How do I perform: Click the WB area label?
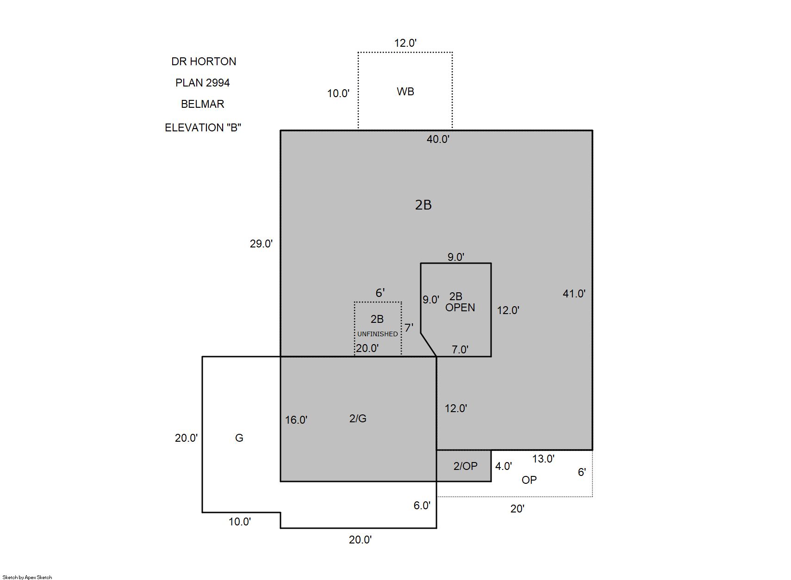405,92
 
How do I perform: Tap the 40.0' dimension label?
438,139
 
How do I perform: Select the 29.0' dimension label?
262,243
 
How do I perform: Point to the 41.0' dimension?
574,293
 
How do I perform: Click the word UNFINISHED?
378,334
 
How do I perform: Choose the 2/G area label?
358,419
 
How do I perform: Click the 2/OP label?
466,466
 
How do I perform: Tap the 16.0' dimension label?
296,420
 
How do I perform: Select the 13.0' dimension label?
543,459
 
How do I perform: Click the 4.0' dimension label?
504,466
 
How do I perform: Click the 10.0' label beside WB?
338,93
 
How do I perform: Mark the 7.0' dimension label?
460,349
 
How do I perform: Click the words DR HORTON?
204,62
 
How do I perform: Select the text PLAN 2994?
203,82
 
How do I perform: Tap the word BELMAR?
203,104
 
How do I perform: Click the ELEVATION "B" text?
203,127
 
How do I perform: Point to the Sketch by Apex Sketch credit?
27,577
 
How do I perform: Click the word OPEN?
460,308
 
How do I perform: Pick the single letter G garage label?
239,438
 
